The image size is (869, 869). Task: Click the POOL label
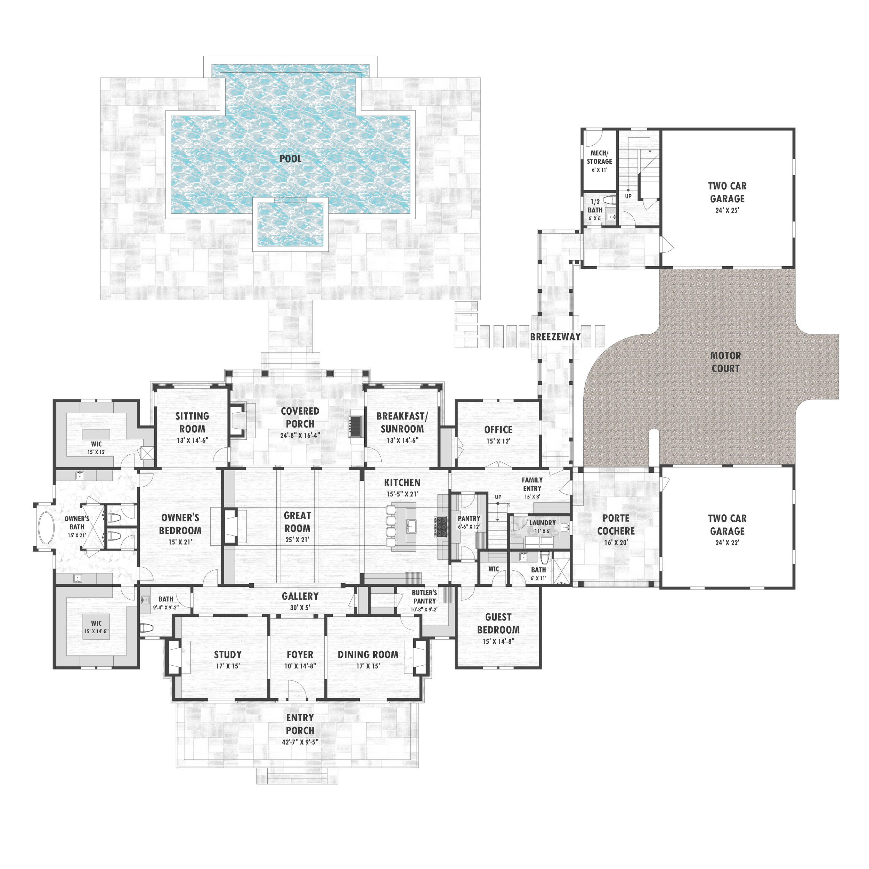coord(291,159)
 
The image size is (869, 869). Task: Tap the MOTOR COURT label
coord(725,362)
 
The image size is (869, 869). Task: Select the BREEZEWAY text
coord(555,337)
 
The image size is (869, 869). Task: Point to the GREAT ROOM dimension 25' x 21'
coord(297,540)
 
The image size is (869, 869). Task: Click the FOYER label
coord(300,655)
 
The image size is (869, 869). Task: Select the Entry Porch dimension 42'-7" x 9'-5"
coord(300,742)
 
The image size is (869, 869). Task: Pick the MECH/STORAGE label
coord(599,157)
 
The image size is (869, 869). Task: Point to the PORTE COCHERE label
coord(616,525)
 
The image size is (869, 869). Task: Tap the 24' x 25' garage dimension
coord(727,210)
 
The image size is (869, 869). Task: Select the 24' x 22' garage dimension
coord(727,543)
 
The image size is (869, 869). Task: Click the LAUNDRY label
coord(543,523)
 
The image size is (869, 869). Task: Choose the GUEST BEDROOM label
coord(498,623)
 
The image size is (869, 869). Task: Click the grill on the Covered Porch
coord(355,425)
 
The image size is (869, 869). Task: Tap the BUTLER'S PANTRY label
coord(425,597)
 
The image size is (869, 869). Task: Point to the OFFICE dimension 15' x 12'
coord(498,441)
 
